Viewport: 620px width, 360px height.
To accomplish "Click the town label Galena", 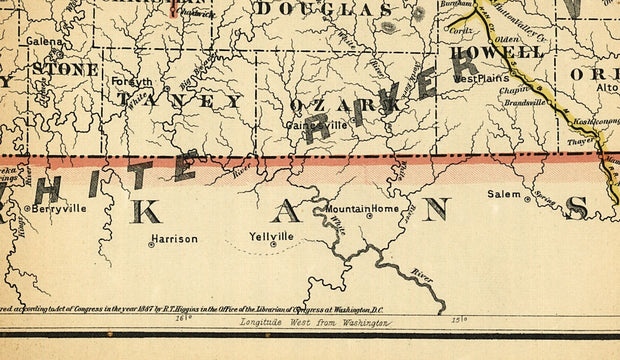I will point(45,42).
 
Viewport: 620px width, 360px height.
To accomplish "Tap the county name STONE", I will point(65,70).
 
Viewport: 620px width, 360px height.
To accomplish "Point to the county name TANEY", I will point(180,101).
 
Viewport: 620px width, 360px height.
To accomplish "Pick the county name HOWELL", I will point(496,52).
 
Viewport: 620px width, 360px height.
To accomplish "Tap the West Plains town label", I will point(482,77).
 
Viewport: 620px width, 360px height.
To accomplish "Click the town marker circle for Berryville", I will point(27,208).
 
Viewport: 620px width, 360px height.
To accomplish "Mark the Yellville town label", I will point(272,236).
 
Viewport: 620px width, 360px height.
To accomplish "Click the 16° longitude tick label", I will point(183,321).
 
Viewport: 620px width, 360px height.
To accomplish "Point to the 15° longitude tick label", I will point(461,321).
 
